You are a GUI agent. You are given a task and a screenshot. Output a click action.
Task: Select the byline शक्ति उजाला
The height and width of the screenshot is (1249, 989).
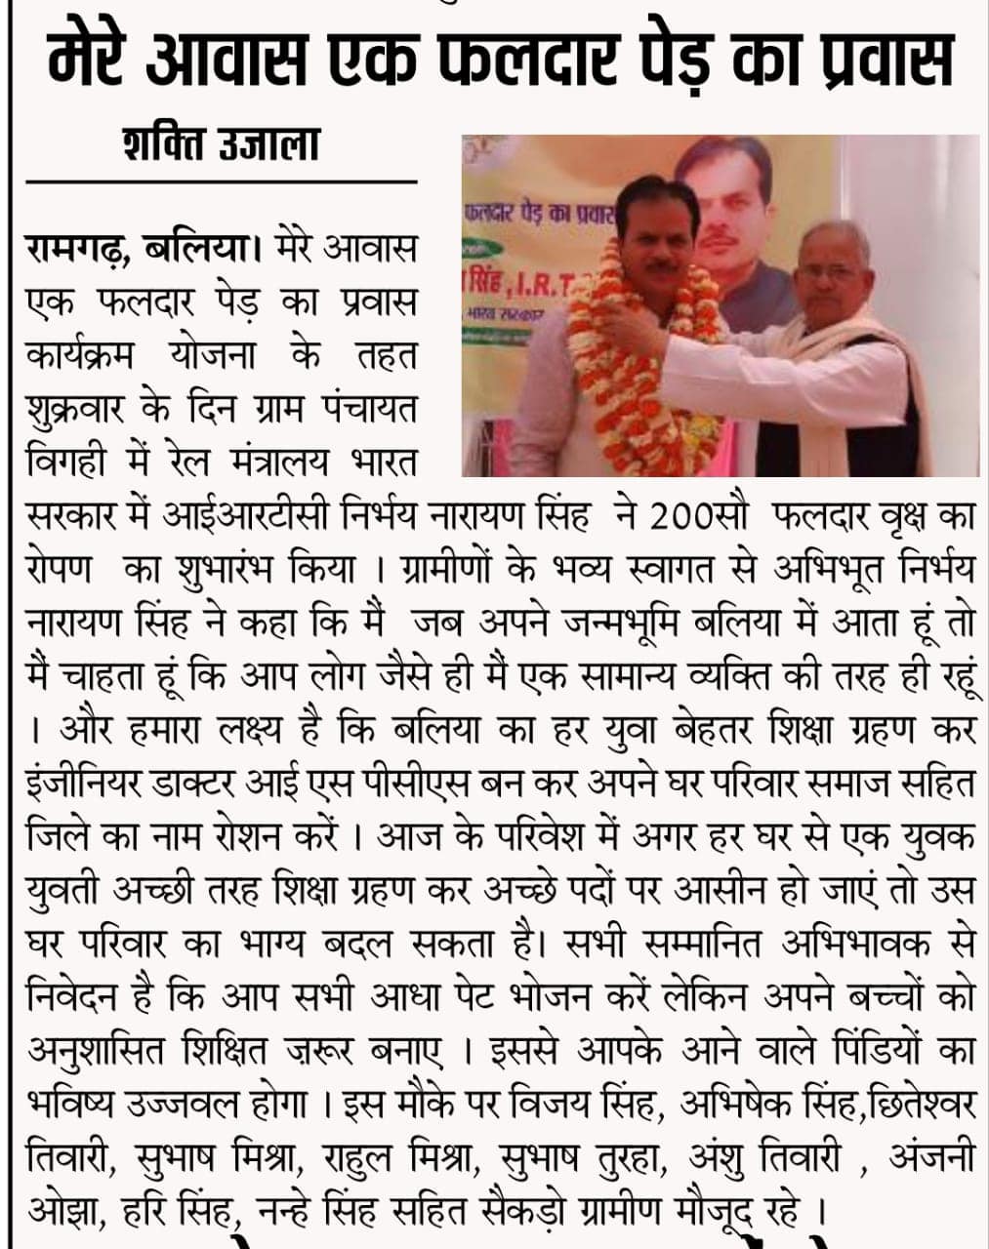point(221,145)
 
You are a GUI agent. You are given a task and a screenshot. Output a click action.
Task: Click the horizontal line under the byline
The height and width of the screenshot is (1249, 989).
point(221,181)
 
